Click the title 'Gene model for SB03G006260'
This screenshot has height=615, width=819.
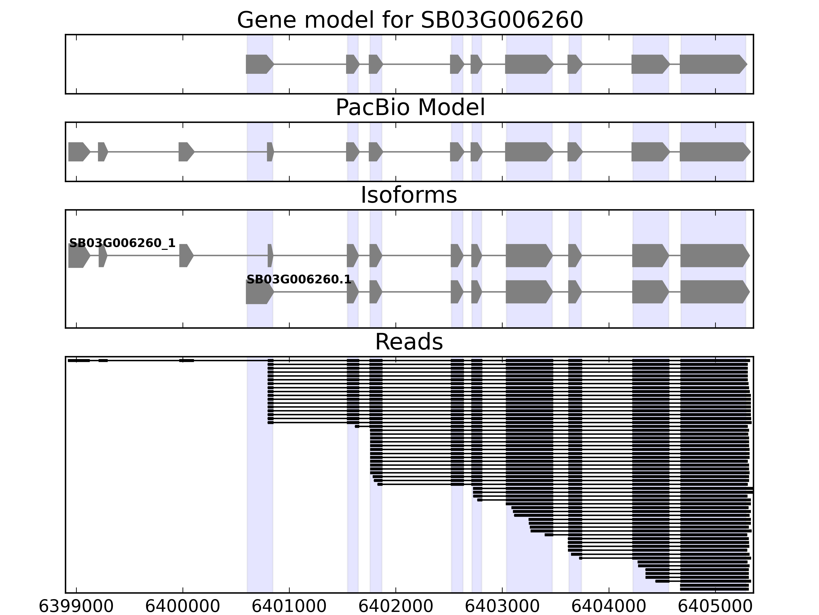410,20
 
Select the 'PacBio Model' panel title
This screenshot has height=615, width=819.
410,108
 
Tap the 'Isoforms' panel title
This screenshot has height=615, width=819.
409,195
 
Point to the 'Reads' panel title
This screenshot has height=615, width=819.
409,342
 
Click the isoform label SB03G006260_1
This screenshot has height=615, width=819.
122,243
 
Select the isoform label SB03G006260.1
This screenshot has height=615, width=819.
299,280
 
